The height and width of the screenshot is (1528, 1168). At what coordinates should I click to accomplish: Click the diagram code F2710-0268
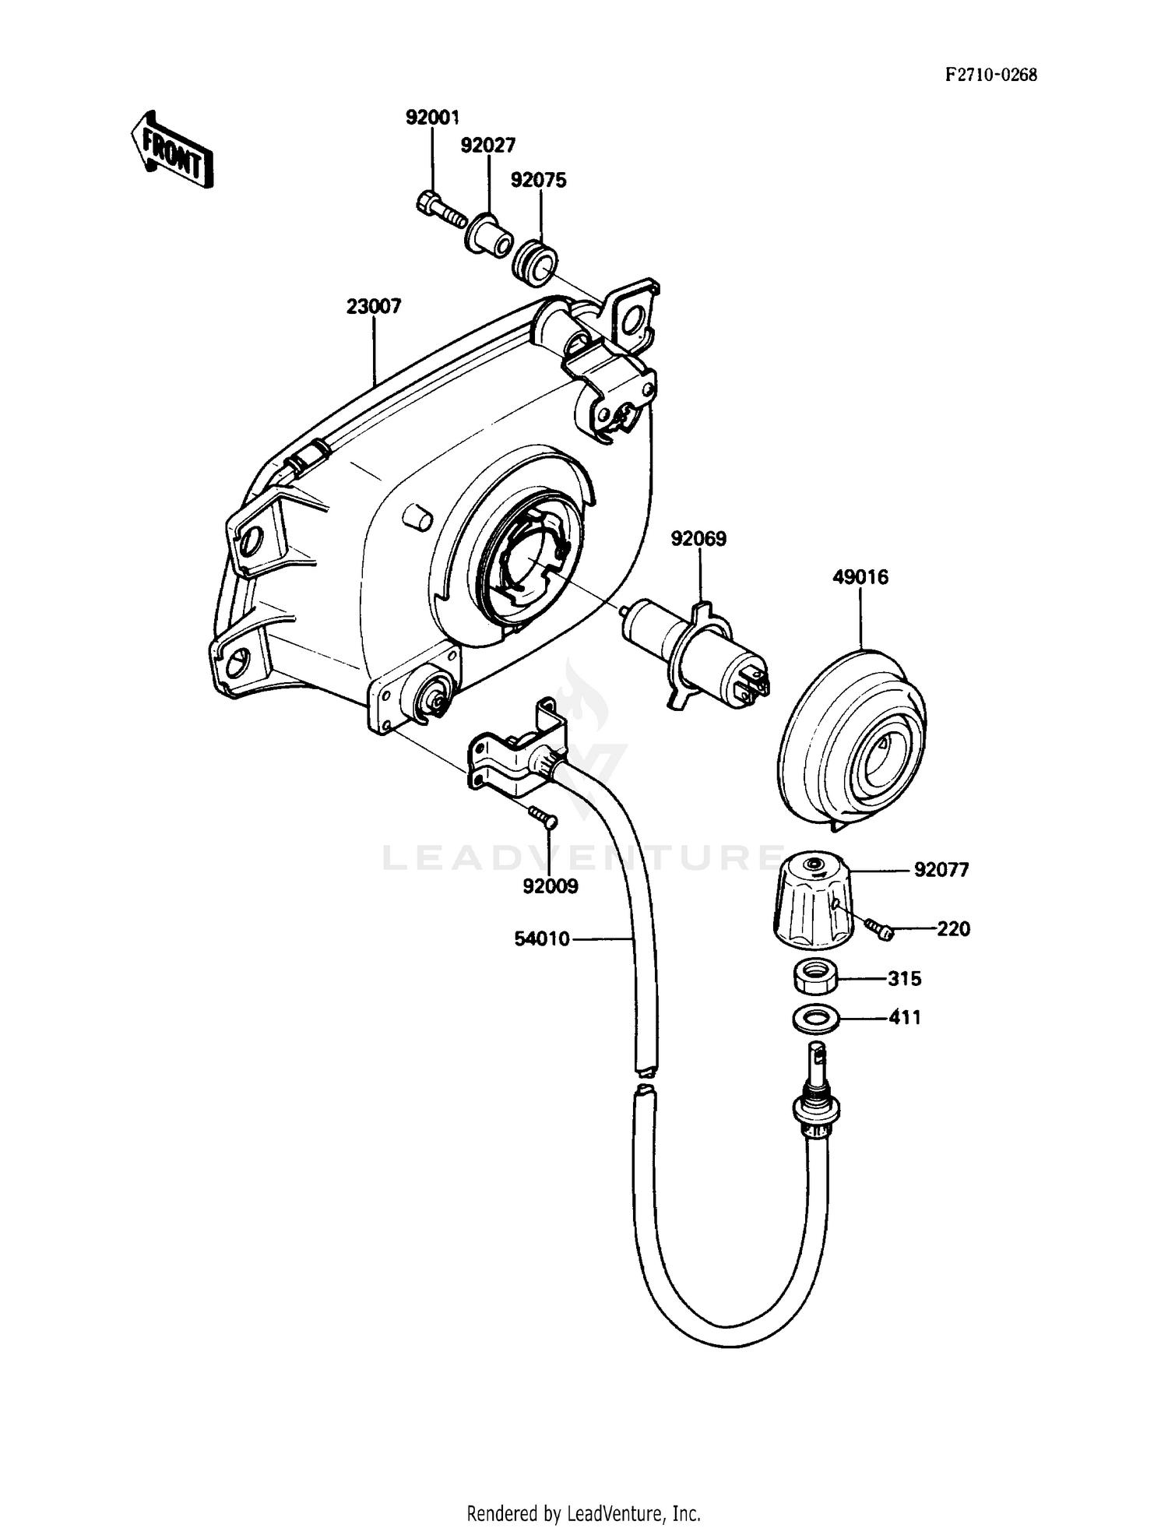click(990, 76)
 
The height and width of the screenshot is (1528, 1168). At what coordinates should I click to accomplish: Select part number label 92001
click(432, 118)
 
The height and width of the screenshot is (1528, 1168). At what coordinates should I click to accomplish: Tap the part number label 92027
click(488, 146)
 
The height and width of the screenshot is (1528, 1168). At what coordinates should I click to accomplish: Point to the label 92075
click(538, 180)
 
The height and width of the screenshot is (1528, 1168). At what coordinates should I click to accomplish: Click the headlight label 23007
click(374, 307)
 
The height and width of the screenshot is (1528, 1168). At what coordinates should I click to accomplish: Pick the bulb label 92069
click(698, 539)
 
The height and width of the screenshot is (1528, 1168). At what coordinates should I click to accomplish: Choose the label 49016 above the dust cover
click(860, 577)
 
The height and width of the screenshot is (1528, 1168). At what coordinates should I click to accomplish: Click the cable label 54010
click(542, 939)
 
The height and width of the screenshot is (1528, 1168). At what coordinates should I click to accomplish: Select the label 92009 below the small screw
click(551, 886)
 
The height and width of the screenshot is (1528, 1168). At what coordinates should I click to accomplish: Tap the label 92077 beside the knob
click(941, 870)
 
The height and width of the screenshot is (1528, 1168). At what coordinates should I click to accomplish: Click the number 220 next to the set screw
click(953, 929)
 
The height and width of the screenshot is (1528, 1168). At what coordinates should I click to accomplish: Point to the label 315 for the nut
click(905, 979)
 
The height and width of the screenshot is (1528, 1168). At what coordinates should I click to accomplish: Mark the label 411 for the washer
click(905, 1018)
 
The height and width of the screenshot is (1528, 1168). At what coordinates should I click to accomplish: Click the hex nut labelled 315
click(815, 977)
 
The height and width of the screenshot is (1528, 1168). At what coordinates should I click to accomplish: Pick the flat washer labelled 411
click(814, 1018)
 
